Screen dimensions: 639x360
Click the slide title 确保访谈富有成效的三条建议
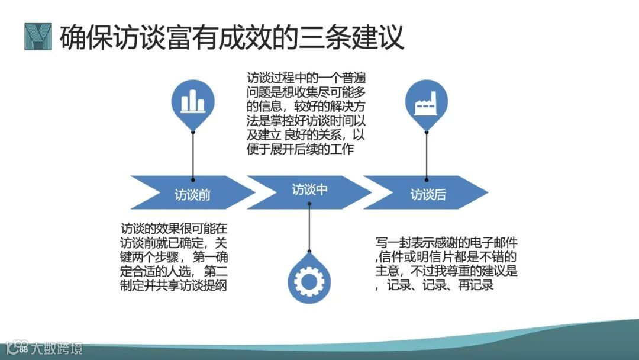(x=231, y=37)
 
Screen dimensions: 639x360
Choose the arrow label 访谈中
(x=309, y=189)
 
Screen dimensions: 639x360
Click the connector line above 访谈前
(x=193, y=154)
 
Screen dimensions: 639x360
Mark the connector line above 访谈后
(x=426, y=154)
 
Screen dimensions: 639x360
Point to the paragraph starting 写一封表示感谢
(x=447, y=264)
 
